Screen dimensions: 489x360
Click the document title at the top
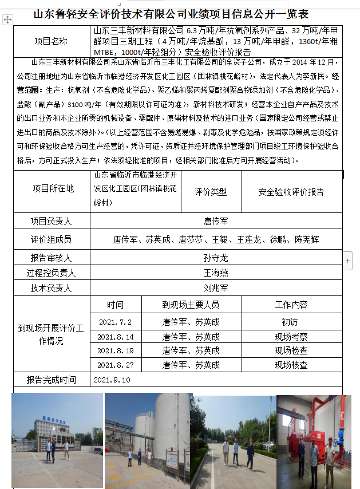[179, 13]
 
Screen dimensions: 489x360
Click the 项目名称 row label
[51, 41]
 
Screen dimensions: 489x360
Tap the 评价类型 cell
[210, 192]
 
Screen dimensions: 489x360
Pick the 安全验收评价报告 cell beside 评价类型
[291, 192]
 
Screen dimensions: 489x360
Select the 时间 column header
[115, 305]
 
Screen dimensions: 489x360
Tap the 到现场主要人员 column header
[191, 305]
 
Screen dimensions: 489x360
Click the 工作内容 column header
[291, 305]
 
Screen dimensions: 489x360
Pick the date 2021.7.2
[115, 322]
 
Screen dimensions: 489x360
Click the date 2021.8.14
[115, 337]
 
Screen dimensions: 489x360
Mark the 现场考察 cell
[291, 337]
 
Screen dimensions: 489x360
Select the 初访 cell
[291, 322]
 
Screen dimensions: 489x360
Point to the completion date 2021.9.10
[112, 380]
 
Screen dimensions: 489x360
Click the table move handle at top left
[7, 20]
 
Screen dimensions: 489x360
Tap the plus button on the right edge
[348, 261]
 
